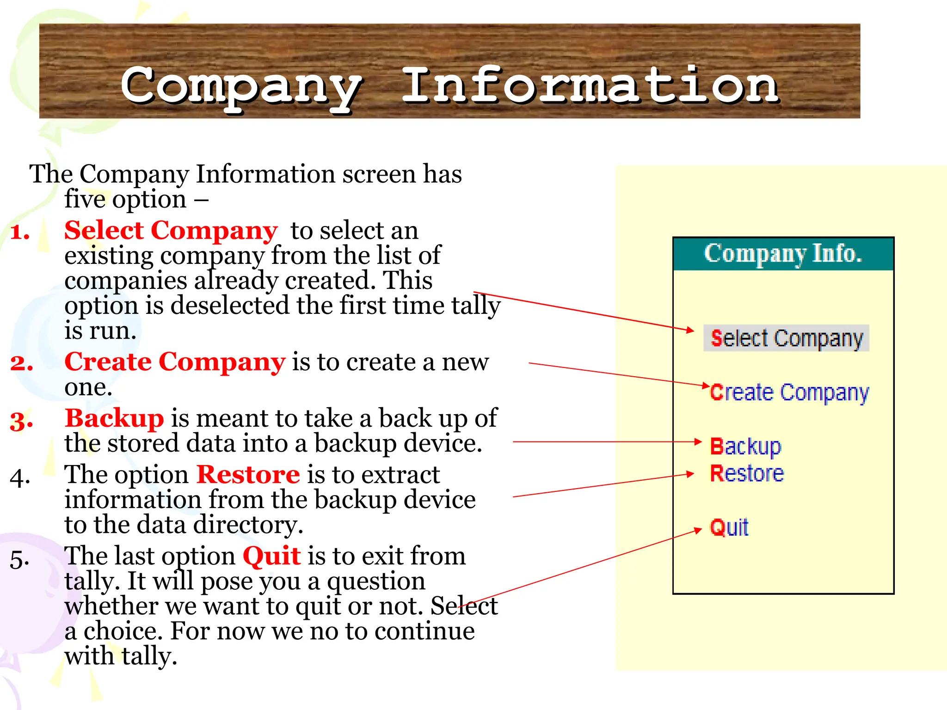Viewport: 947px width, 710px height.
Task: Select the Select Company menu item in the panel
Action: point(786,338)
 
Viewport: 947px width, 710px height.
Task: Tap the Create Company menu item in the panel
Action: point(789,393)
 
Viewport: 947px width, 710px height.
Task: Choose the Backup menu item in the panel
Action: point(745,447)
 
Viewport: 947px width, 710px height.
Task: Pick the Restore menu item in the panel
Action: point(747,474)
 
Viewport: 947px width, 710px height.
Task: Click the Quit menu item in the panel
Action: point(729,527)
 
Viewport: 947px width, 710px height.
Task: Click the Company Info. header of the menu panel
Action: point(783,254)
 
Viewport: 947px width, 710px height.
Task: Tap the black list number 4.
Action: point(20,477)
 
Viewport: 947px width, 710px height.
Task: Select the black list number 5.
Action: point(20,559)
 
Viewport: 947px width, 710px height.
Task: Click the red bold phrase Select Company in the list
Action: point(171,230)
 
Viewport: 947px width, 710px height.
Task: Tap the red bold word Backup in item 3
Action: point(114,418)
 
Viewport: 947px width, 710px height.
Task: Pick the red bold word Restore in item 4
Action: point(248,475)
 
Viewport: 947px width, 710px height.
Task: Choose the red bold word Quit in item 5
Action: point(271,556)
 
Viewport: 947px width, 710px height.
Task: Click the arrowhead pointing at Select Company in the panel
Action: point(690,330)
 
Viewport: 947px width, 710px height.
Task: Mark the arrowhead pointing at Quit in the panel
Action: point(698,531)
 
